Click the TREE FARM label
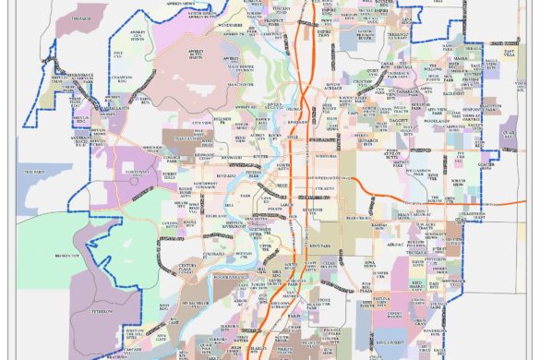click(x=36, y=173)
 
